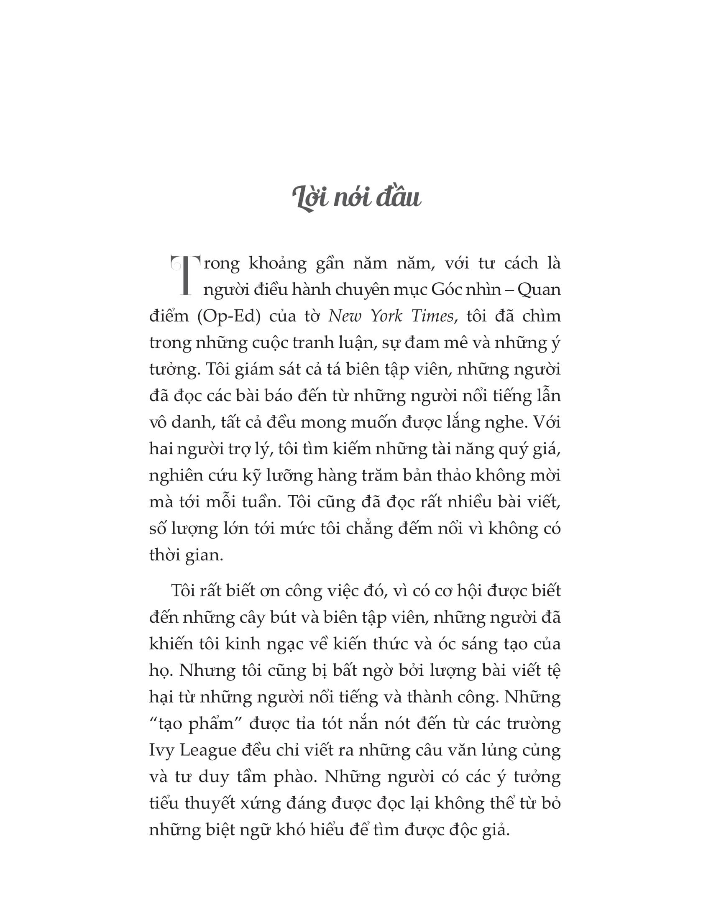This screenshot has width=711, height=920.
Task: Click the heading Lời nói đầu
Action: [356, 198]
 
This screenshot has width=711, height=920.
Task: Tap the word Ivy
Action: [161, 750]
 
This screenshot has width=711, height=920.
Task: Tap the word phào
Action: [294, 777]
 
